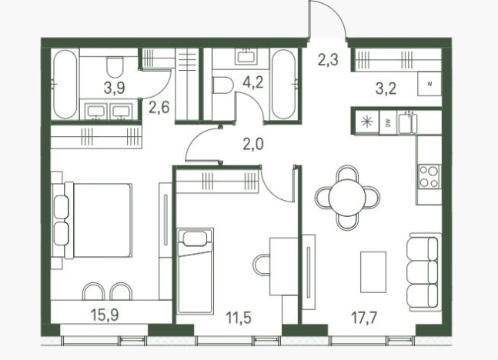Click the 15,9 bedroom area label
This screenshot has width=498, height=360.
(105, 315)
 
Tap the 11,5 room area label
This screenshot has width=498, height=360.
(239, 318)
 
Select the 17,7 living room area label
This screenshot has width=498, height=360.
(364, 318)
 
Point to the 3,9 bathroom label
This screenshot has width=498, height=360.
(115, 88)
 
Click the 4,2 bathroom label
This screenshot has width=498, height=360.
(253, 82)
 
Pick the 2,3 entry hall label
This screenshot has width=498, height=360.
(328, 60)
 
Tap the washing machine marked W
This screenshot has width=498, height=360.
(429, 84)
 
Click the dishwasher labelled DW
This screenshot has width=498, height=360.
(388, 122)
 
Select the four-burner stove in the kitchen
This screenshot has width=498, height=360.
(429, 176)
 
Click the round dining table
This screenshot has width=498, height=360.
(347, 198)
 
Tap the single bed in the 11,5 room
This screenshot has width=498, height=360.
(195, 271)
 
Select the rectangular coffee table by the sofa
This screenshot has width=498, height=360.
(373, 272)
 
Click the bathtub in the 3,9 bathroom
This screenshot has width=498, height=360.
(65, 84)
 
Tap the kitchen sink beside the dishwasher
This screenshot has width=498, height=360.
(407, 122)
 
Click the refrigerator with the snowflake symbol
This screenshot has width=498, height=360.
(367, 122)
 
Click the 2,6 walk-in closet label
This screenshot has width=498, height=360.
(159, 108)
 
